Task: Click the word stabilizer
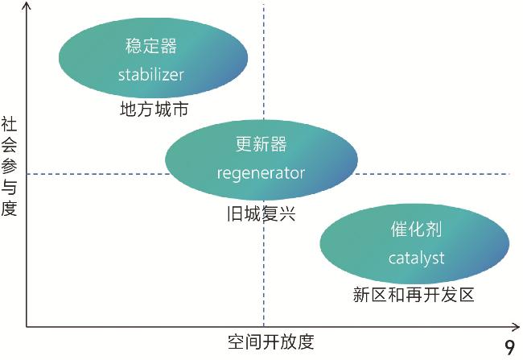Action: [151, 75]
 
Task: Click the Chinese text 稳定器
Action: [151, 46]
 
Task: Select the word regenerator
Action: [261, 172]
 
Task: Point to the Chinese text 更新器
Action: [261, 144]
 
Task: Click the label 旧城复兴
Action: [261, 214]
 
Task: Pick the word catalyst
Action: [416, 258]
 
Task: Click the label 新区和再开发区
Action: [414, 295]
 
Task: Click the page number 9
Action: [509, 347]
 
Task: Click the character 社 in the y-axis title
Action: [10, 125]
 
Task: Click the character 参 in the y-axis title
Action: [10, 167]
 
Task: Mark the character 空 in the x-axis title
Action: [236, 341]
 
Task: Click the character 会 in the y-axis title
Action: [10, 146]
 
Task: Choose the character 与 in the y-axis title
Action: [10, 188]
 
